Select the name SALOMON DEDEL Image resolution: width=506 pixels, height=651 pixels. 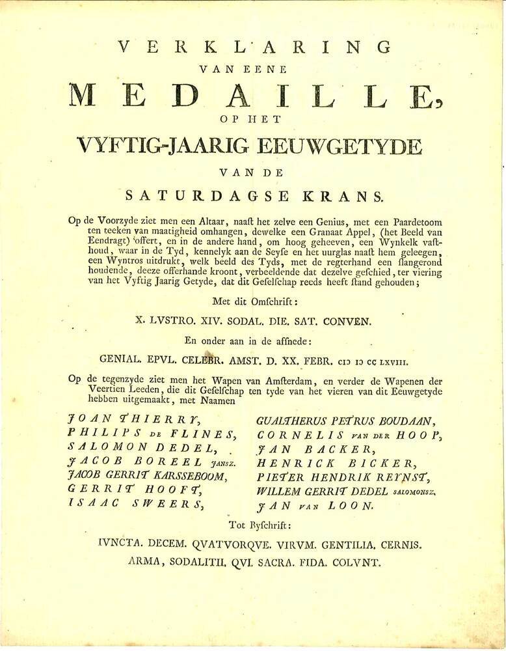pyautogui.click(x=140, y=448)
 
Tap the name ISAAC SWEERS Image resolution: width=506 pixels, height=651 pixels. pyautogui.click(x=138, y=503)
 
